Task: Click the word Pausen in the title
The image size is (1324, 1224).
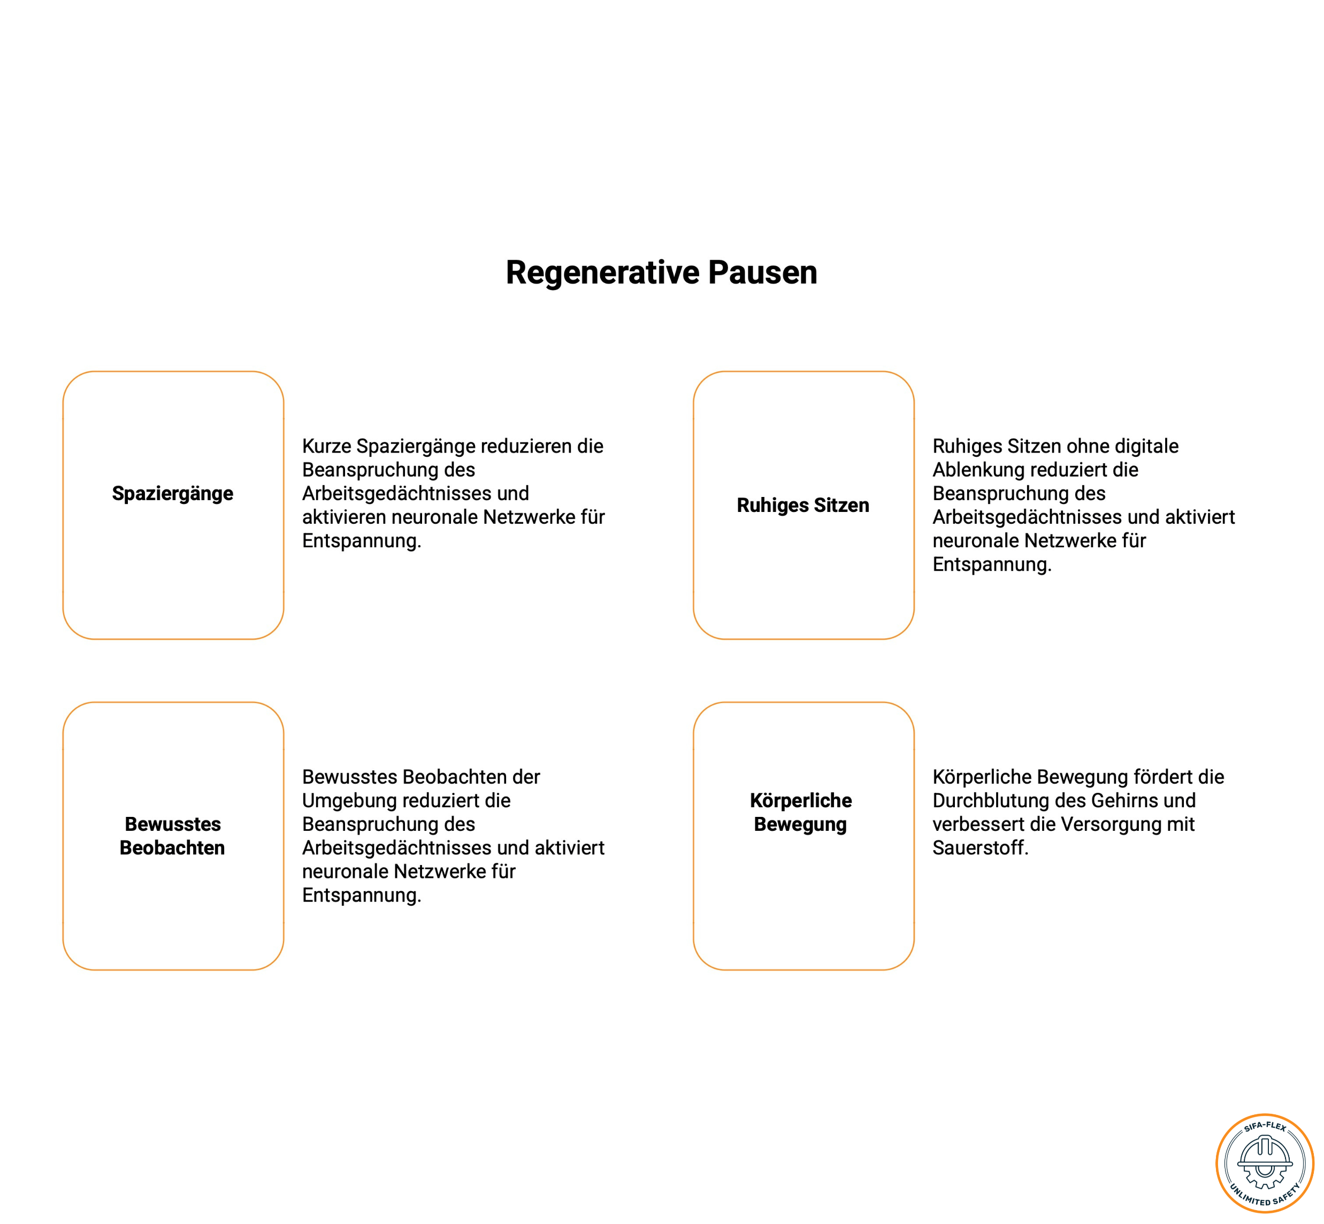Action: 762,272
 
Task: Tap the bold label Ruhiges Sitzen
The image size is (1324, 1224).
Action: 803,506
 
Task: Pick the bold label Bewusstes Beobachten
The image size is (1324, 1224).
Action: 172,836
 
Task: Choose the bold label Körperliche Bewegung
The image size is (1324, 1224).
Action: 801,813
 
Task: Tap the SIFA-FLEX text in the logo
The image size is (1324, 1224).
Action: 1265,1127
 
